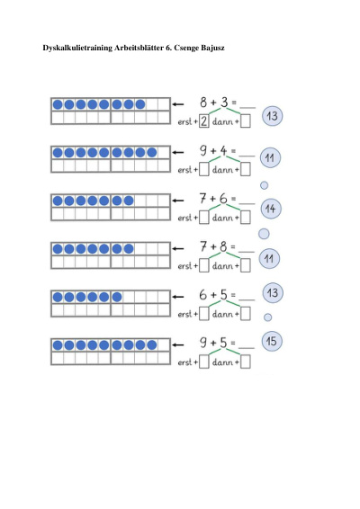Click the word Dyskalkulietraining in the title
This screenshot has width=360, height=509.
tap(77, 48)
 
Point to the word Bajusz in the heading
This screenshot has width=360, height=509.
tap(212, 48)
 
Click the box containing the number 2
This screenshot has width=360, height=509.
tap(203, 121)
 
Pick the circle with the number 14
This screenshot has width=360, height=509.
tap(271, 209)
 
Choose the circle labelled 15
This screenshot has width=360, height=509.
tap(272, 341)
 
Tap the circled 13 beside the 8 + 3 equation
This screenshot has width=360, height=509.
tap(272, 116)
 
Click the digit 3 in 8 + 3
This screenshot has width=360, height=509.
tap(224, 103)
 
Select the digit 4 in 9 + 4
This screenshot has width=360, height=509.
tap(223, 150)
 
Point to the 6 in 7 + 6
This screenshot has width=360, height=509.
tap(223, 199)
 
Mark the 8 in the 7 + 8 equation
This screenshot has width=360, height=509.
tap(223, 246)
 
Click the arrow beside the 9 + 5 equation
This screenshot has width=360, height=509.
tap(178, 344)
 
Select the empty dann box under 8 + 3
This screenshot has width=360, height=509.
tap(246, 121)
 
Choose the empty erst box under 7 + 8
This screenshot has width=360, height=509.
tap(203, 265)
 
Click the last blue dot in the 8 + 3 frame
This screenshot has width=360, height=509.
tap(140, 104)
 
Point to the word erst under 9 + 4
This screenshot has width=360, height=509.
tap(185, 170)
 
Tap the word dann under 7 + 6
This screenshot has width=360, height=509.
tap(222, 218)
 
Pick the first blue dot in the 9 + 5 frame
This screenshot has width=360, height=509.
tap(58, 344)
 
